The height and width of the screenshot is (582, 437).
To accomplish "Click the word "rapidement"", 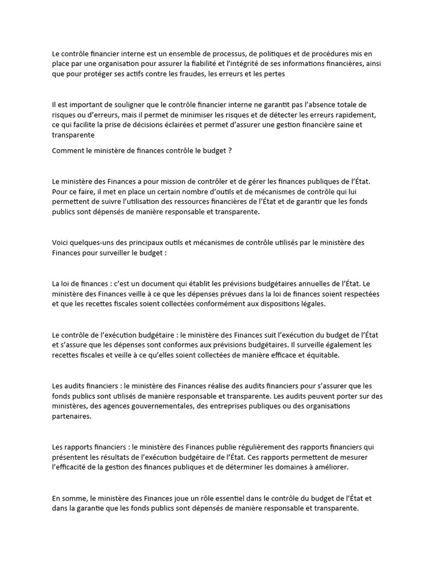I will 357,115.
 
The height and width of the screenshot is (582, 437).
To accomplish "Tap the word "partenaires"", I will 71,416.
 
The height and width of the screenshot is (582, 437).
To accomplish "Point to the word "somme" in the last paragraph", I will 73,498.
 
